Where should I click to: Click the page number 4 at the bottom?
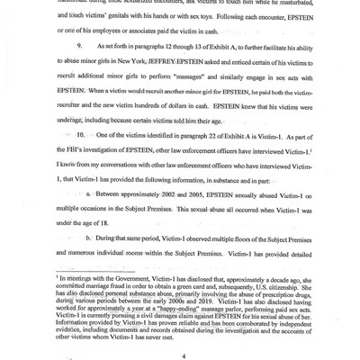click(x=183, y=332)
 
